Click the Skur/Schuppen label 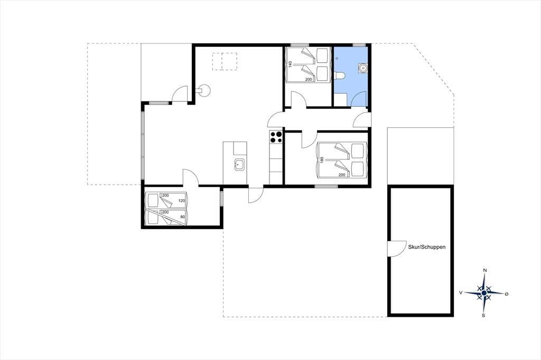426,247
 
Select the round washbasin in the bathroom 362,68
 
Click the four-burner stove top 276,137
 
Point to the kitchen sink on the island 239,165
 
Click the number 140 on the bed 291,64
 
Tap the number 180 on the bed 322,160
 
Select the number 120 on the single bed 182,201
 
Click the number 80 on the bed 182,217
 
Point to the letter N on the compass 485,270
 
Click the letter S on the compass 484,315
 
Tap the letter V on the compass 461,292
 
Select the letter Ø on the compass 507,294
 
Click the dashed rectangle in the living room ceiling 225,61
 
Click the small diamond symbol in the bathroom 337,58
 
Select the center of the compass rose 484,293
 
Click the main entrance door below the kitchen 256,195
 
